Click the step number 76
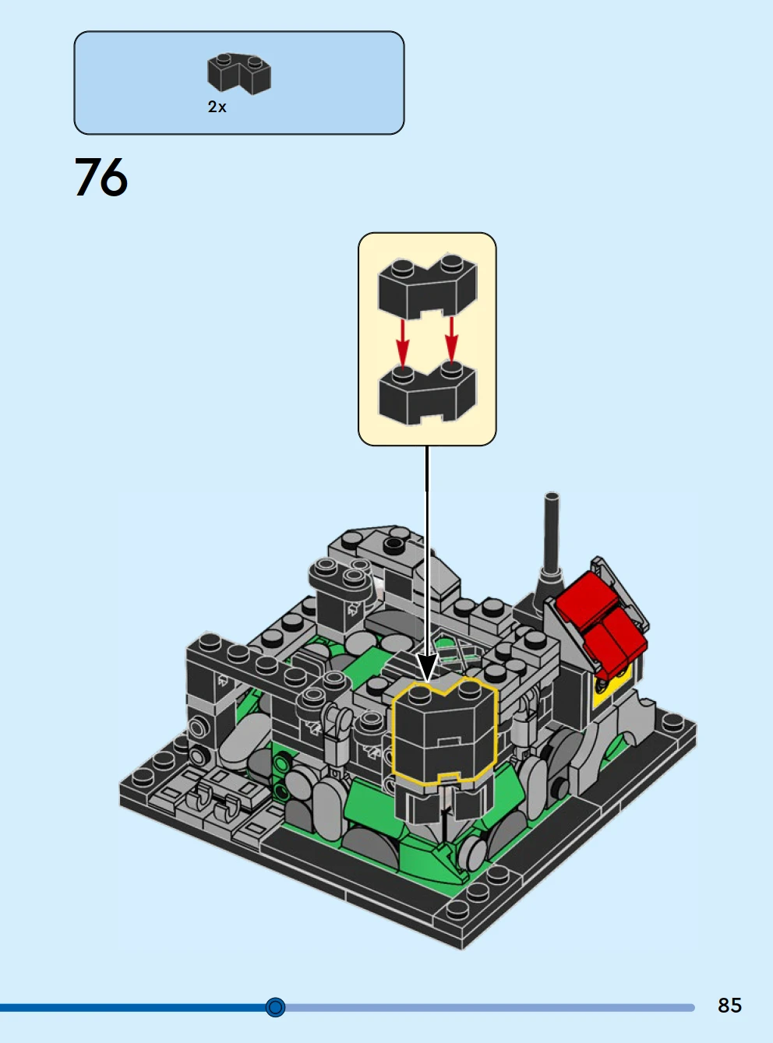click(x=101, y=177)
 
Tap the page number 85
click(x=729, y=1005)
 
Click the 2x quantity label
click(x=217, y=107)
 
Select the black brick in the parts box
click(x=239, y=73)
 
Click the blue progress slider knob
click(x=275, y=1007)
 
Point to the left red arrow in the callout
click(x=402, y=342)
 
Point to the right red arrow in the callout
click(x=452, y=340)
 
